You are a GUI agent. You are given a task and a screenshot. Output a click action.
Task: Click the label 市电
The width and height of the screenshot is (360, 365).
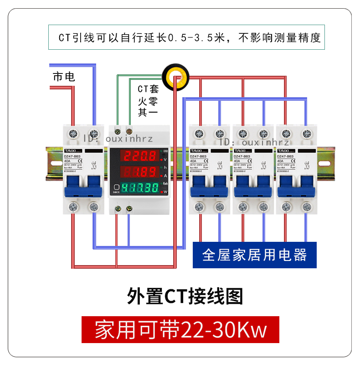tap(64, 77)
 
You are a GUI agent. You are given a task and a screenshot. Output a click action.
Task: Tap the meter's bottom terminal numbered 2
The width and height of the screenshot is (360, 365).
tap(129, 208)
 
